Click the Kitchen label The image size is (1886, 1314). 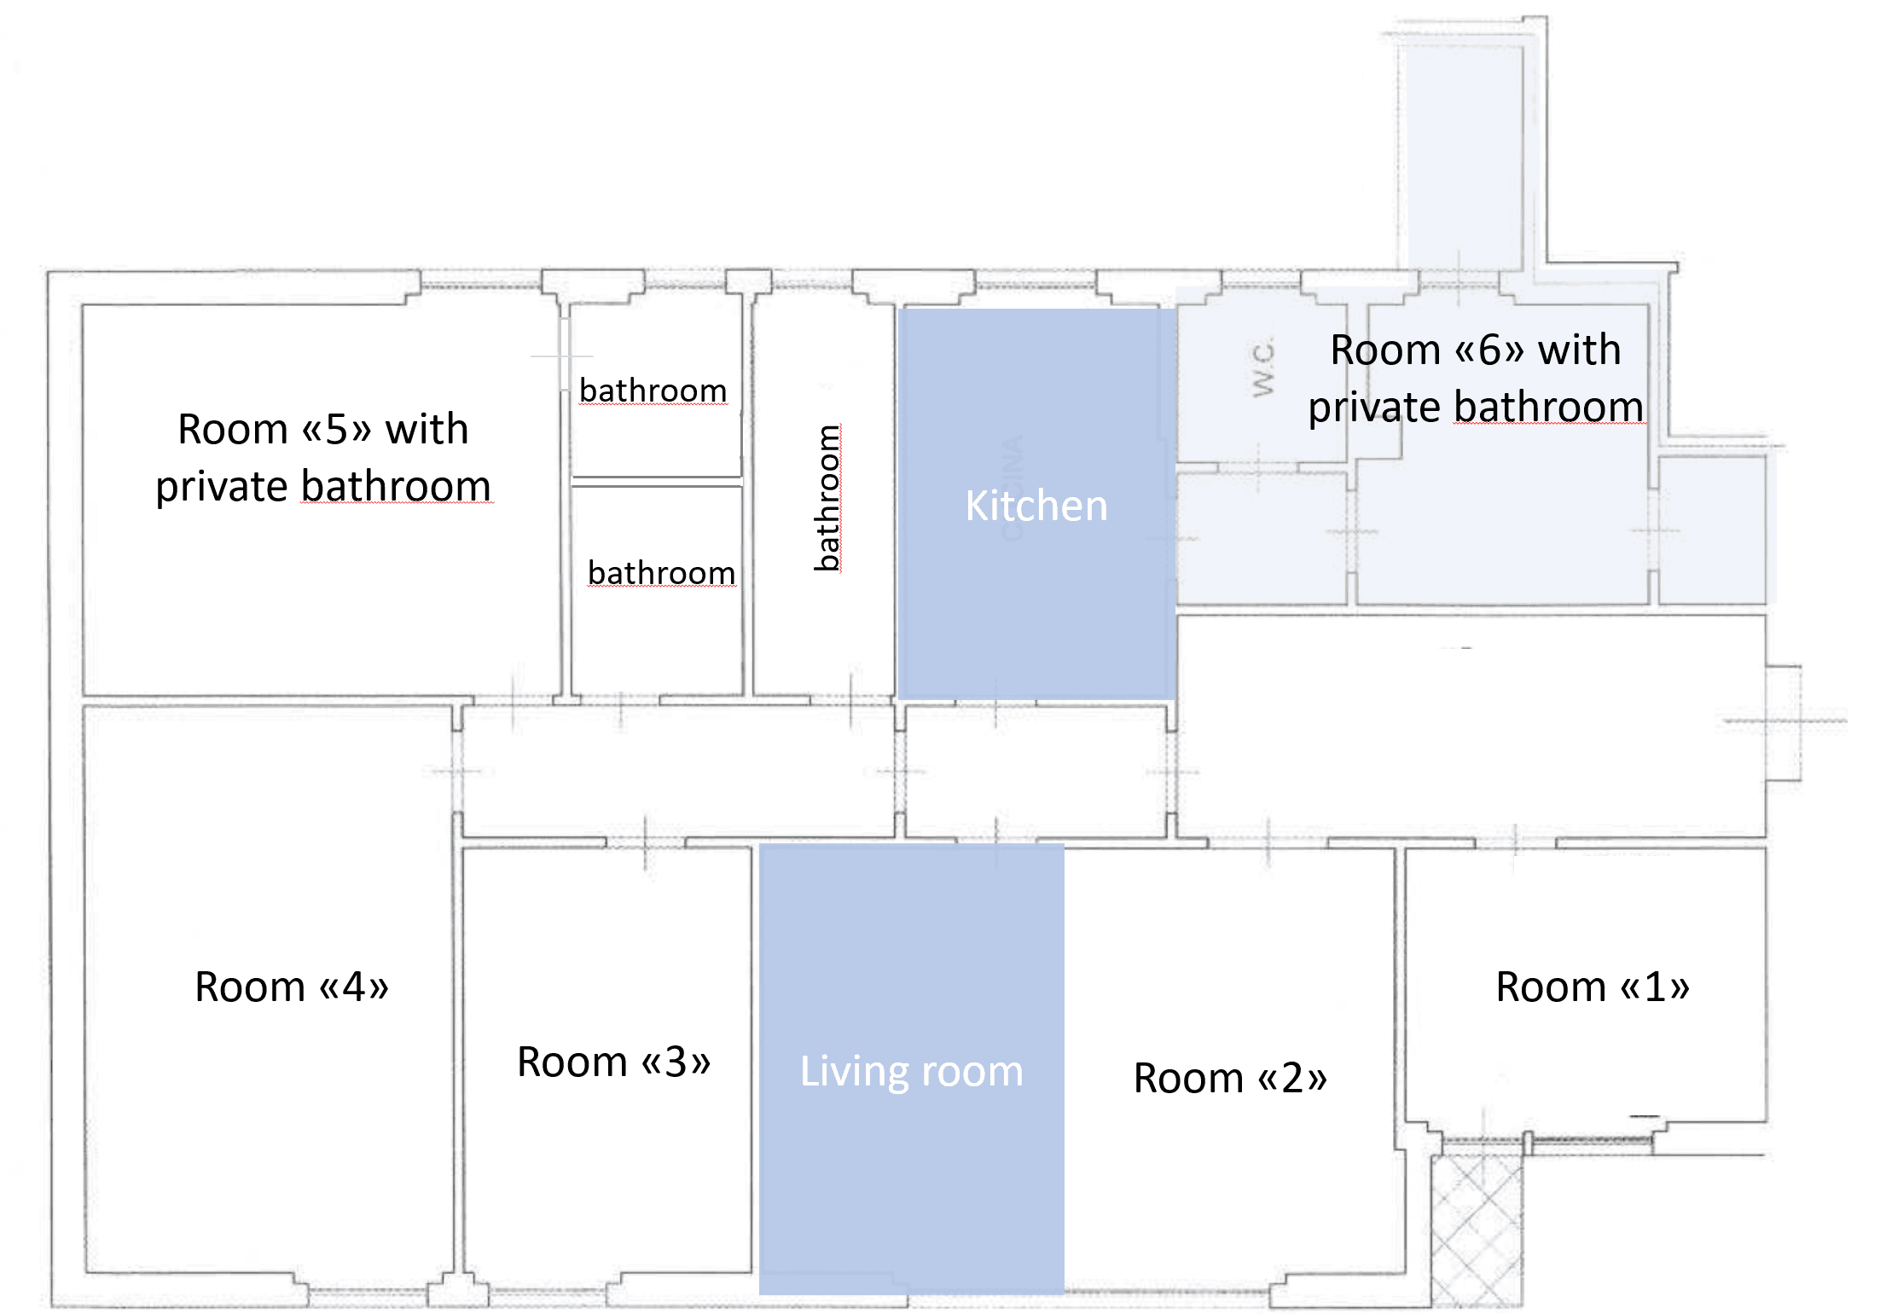click(1036, 506)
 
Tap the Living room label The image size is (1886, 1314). click(911, 1071)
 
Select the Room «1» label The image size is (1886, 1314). click(1592, 987)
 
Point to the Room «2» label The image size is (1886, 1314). click(1229, 1078)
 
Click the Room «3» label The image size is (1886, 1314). click(613, 1062)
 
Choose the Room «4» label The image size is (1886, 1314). click(292, 987)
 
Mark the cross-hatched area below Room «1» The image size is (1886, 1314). click(1477, 1228)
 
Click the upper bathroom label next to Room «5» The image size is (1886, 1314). click(653, 391)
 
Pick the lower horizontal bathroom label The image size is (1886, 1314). click(661, 573)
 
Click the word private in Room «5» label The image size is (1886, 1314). click(221, 488)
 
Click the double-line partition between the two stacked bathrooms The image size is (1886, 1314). click(656, 482)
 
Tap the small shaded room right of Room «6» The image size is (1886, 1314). click(1711, 530)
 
